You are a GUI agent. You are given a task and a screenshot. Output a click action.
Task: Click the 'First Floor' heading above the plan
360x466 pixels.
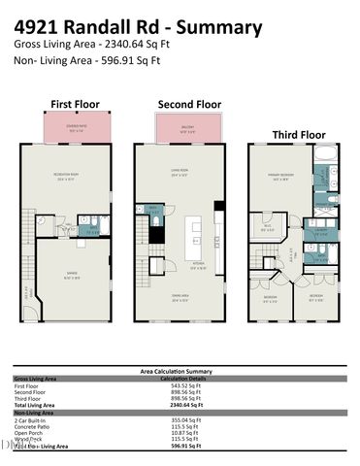(74, 103)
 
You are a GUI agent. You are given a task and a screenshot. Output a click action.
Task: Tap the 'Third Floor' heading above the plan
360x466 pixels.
(297, 134)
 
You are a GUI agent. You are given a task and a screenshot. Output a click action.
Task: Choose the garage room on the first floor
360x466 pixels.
(78, 278)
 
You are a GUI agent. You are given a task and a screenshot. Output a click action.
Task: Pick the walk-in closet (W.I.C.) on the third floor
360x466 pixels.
(269, 228)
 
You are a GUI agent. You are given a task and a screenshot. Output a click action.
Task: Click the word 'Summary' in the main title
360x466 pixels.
(224, 27)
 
